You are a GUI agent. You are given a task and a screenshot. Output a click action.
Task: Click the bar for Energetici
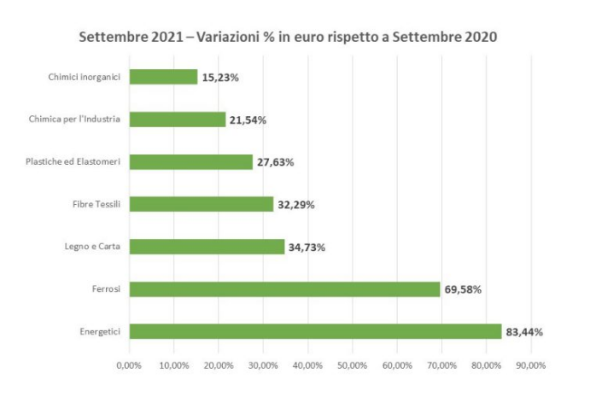click(315, 331)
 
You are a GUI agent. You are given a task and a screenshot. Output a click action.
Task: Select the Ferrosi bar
click(284, 289)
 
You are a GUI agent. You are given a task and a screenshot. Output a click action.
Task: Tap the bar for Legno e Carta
click(207, 247)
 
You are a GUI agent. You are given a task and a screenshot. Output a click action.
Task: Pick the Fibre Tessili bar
click(201, 204)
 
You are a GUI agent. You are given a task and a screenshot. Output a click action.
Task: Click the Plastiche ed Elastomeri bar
click(190, 162)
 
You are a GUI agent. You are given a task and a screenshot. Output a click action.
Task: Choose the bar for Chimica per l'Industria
click(177, 119)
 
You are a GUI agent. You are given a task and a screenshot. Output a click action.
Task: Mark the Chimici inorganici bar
click(163, 77)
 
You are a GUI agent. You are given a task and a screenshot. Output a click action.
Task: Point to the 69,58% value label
click(463, 289)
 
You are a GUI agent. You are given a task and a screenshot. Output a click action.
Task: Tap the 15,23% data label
click(220, 78)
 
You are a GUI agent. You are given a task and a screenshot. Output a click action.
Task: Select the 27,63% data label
click(276, 162)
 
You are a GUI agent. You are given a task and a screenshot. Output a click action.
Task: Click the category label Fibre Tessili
click(96, 205)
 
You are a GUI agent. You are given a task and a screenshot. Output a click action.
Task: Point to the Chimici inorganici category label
click(84, 77)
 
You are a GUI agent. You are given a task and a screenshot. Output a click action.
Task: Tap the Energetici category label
click(97, 331)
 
